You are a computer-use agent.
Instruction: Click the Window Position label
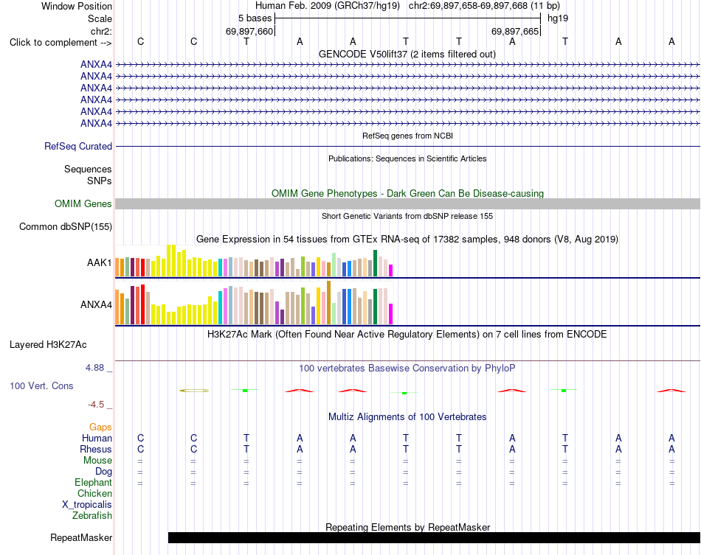[77, 6]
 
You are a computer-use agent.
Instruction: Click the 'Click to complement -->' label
[61, 43]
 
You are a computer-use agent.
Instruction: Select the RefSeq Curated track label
[78, 147]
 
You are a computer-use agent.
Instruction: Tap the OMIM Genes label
[83, 204]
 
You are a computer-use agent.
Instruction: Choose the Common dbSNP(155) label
[65, 227]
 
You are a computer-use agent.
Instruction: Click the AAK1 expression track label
[100, 262]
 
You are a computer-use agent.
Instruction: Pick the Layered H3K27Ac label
[48, 345]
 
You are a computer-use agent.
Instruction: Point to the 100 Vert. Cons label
[41, 385]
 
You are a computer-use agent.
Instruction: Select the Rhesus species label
[96, 449]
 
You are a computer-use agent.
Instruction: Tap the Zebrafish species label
[92, 516]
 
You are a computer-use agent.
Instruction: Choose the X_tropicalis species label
[87, 505]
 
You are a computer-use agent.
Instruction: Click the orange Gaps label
[100, 427]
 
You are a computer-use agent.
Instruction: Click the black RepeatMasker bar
[434, 537]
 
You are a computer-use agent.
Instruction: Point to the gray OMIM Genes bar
[407, 204]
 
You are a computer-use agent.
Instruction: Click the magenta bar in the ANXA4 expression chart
[391, 314]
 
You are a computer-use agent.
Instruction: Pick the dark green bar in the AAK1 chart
[376, 263]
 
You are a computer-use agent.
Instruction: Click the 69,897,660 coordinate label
[249, 31]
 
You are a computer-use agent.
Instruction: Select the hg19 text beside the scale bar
[558, 18]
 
